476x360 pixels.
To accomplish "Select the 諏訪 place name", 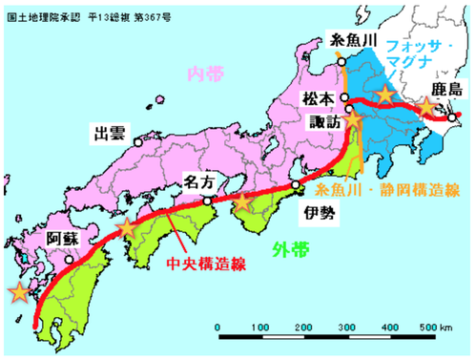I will tap(323, 122).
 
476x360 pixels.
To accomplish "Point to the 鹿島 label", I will tap(443, 89).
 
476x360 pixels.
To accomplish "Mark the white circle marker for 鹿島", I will tap(454, 118).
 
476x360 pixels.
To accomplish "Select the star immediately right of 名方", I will tap(244, 201).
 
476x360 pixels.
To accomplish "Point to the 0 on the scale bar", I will tap(219, 328).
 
